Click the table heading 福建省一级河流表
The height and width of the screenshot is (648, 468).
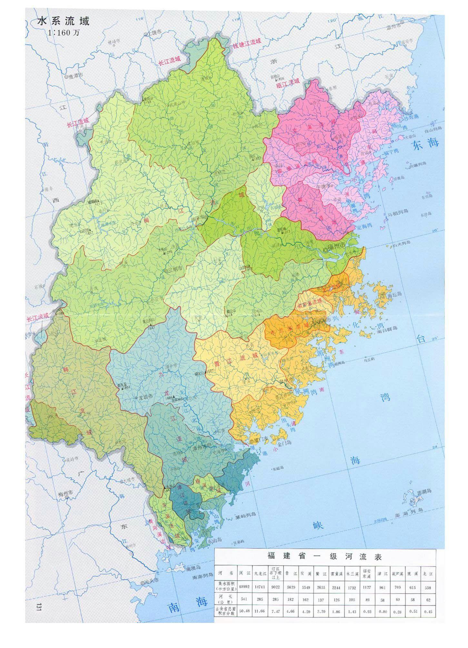coord(324,557)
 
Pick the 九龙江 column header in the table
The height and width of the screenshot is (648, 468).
coord(260,573)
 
